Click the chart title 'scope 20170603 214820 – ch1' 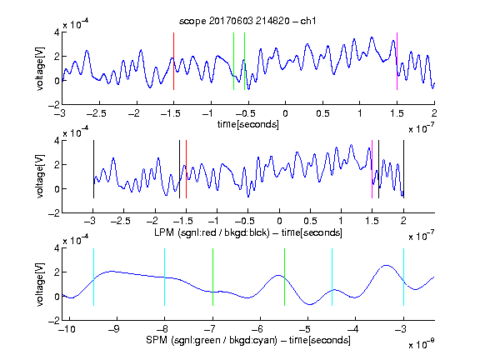pos(247,21)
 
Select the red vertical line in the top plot pos(173,61)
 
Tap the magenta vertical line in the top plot pos(397,61)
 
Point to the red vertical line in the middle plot pos(186,169)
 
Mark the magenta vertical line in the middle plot pos(372,169)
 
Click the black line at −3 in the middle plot pos(93,169)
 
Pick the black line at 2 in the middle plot pos(403,169)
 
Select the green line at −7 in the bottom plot pos(212,277)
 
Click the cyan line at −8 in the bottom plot pos(165,277)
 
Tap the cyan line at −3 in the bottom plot pos(403,277)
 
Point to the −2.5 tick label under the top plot pos(97,114)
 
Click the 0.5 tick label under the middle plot pos(310,221)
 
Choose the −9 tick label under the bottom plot pos(114,329)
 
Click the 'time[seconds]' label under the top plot pos(248,125)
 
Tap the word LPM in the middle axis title pos(164,232)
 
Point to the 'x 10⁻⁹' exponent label pos(421,343)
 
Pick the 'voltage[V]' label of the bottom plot pos(40,284)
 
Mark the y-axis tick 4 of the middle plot pos(57,141)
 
